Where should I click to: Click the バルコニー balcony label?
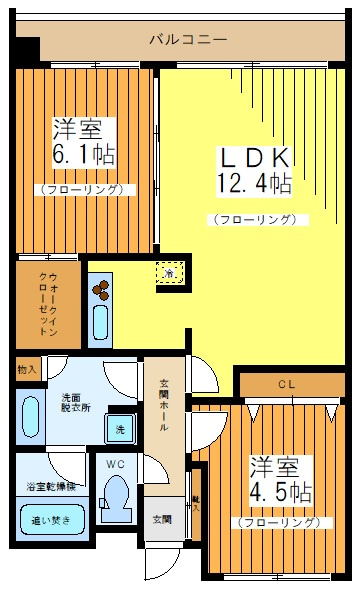(x=187, y=41)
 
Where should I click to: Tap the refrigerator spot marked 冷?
(x=171, y=272)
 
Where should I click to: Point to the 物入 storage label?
(x=26, y=369)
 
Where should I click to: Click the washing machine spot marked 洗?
(x=120, y=429)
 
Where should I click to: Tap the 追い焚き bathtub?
(x=49, y=520)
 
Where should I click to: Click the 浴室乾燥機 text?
(x=50, y=486)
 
